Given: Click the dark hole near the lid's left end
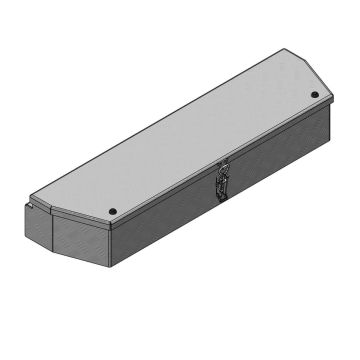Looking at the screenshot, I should point(111,211).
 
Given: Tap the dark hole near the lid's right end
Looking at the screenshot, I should point(314,95).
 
